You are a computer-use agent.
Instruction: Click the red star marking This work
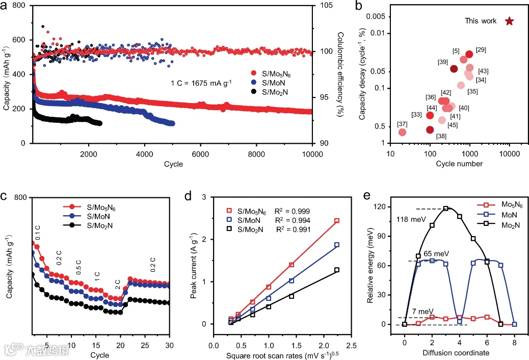coord(509,21)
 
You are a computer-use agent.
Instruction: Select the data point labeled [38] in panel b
coord(430,130)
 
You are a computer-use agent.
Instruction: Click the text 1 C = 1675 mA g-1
coord(201,81)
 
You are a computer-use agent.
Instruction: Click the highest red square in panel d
coord(337,221)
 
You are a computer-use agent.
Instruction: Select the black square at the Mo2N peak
coord(446,209)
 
